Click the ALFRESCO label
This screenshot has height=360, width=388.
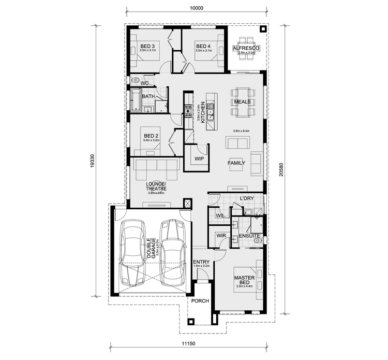pyautogui.click(x=246, y=48)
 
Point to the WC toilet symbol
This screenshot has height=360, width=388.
pyautogui.click(x=133, y=80)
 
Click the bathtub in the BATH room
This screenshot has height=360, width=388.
pyautogui.click(x=136, y=99)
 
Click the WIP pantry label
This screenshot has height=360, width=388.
pyautogui.click(x=199, y=159)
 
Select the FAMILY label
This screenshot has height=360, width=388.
pyautogui.click(x=236, y=163)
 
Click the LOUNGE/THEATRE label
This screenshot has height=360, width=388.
pyautogui.click(x=156, y=186)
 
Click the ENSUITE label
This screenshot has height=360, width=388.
pyautogui.click(x=249, y=236)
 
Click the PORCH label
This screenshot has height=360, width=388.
pyautogui.click(x=200, y=300)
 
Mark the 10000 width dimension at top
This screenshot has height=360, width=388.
pyautogui.click(x=197, y=8)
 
